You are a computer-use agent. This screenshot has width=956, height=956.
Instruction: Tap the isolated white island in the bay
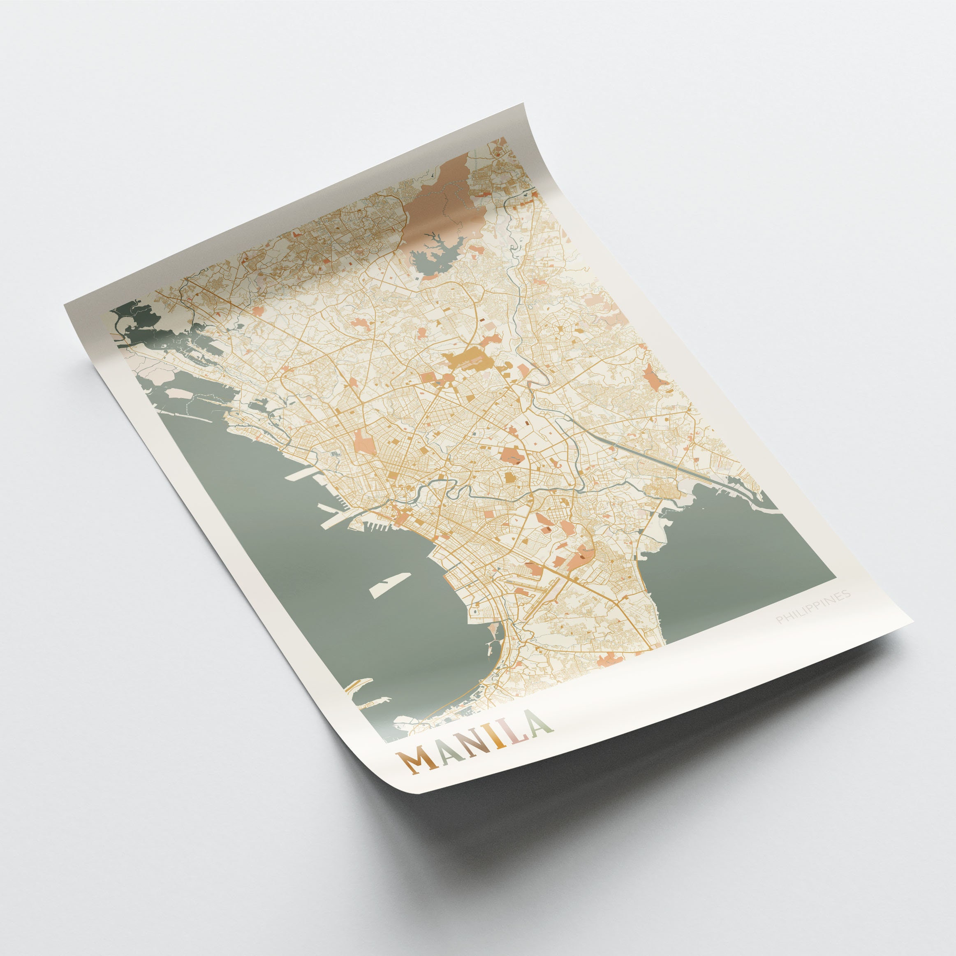click(x=389, y=584)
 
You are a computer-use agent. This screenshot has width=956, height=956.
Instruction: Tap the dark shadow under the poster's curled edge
click(x=643, y=732)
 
